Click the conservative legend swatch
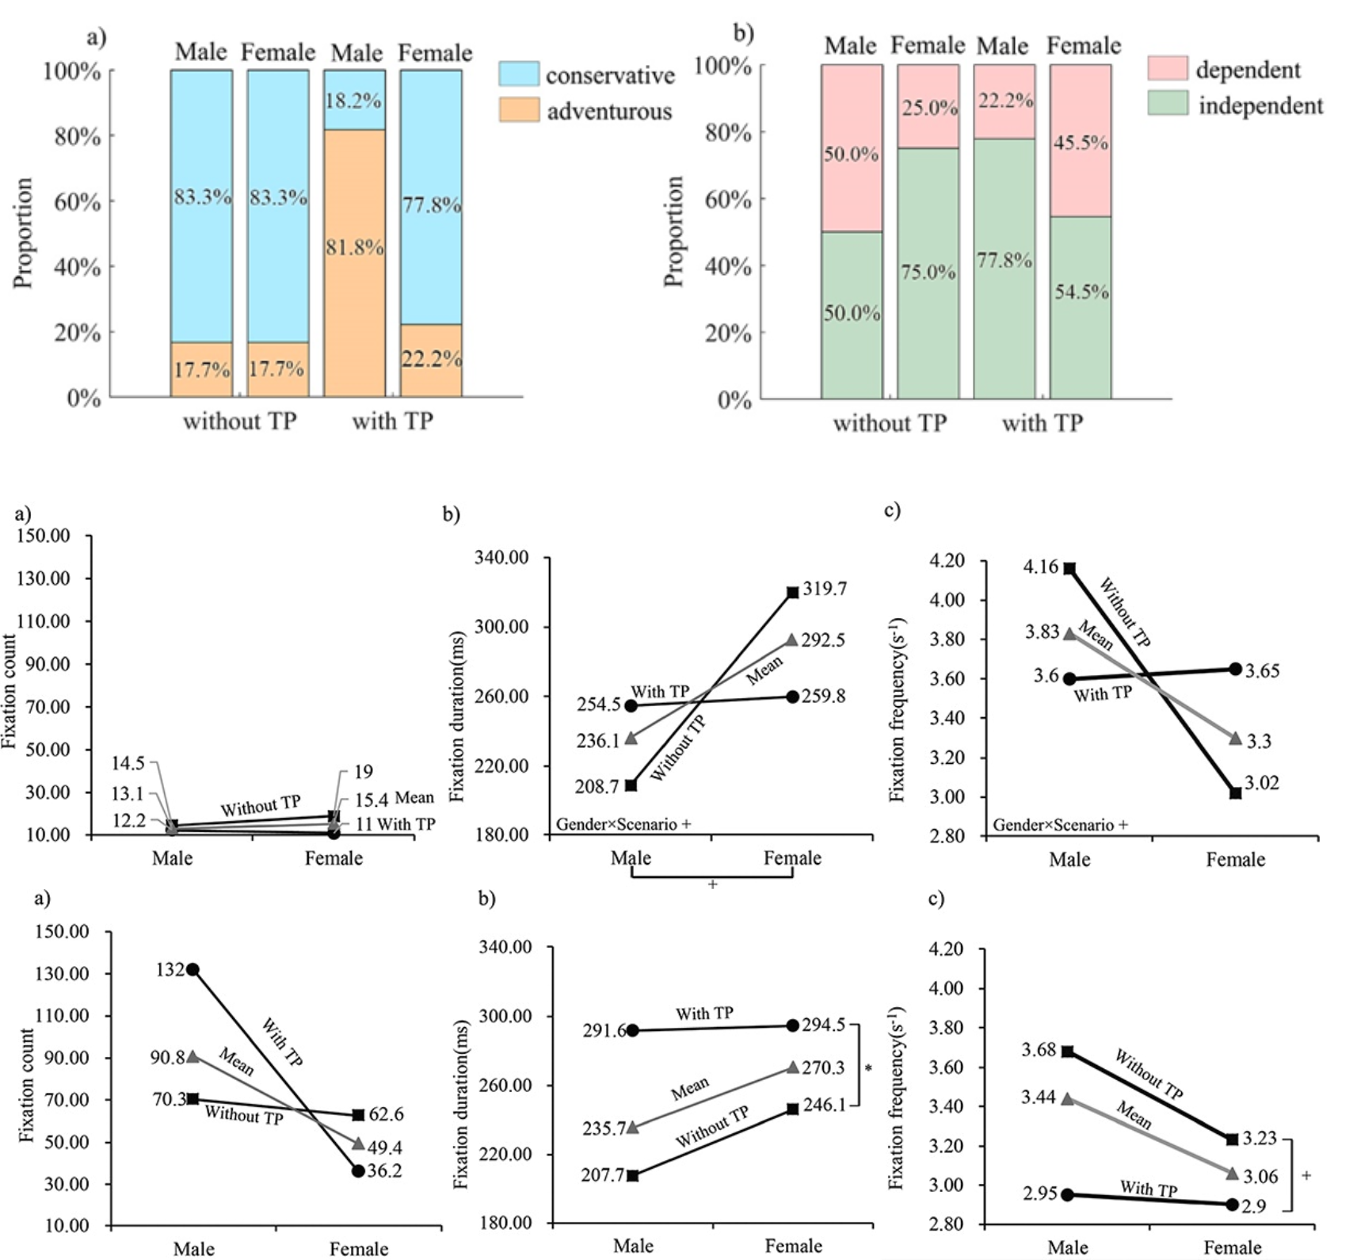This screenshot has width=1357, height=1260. point(519,74)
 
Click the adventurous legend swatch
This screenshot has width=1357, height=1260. point(519,110)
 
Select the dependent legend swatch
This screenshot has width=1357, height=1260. point(1168,68)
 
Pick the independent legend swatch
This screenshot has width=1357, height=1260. point(1168,104)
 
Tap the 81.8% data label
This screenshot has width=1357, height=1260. point(354,248)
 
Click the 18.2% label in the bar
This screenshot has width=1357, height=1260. point(353,101)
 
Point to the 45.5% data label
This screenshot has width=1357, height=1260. point(1081,143)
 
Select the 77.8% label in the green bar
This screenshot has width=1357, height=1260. point(1004,261)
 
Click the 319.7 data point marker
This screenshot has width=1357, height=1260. point(793,592)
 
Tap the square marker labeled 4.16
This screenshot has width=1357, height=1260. point(1069,568)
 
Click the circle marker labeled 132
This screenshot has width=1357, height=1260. point(192,969)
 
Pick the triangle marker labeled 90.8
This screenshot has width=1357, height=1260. point(192,1056)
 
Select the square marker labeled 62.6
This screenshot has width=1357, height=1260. point(358,1115)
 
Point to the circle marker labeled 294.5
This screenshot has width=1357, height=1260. point(793,1025)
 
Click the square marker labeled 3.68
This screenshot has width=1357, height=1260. point(1068,1052)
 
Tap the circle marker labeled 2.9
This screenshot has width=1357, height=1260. point(1233,1205)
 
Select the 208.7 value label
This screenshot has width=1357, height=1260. point(598,787)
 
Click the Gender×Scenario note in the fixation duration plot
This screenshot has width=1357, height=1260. point(623,824)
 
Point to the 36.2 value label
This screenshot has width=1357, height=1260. point(386,1170)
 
